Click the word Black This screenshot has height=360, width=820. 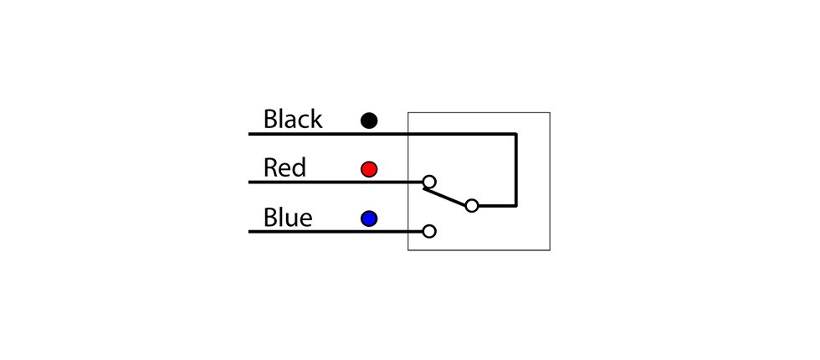coord(293,119)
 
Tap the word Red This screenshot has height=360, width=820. coord(284,168)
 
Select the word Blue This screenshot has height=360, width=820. coord(288,217)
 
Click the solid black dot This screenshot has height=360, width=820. coord(369,121)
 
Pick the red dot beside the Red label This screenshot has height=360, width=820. coord(369,169)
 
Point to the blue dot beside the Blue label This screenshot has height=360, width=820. coord(369,219)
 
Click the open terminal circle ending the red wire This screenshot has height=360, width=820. coord(429,182)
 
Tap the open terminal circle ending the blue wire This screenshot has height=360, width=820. coord(429,231)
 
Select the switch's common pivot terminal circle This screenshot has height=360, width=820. coord(472,206)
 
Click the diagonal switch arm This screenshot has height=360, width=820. coord(445,197)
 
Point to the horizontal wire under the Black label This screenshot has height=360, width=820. coord(382,135)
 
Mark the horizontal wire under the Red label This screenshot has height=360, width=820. coord(336,183)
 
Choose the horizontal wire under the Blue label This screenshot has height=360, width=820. coord(336,231)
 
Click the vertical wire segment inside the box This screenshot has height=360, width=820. coord(516,170)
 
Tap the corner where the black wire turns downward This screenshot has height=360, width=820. coord(516,135)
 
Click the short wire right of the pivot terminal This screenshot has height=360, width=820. coord(497,206)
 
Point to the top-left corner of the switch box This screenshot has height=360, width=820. coord(408,112)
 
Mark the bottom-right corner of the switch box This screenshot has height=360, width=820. coord(550,250)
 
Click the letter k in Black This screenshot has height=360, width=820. coord(316,119)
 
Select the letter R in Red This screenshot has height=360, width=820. coord(269,168)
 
